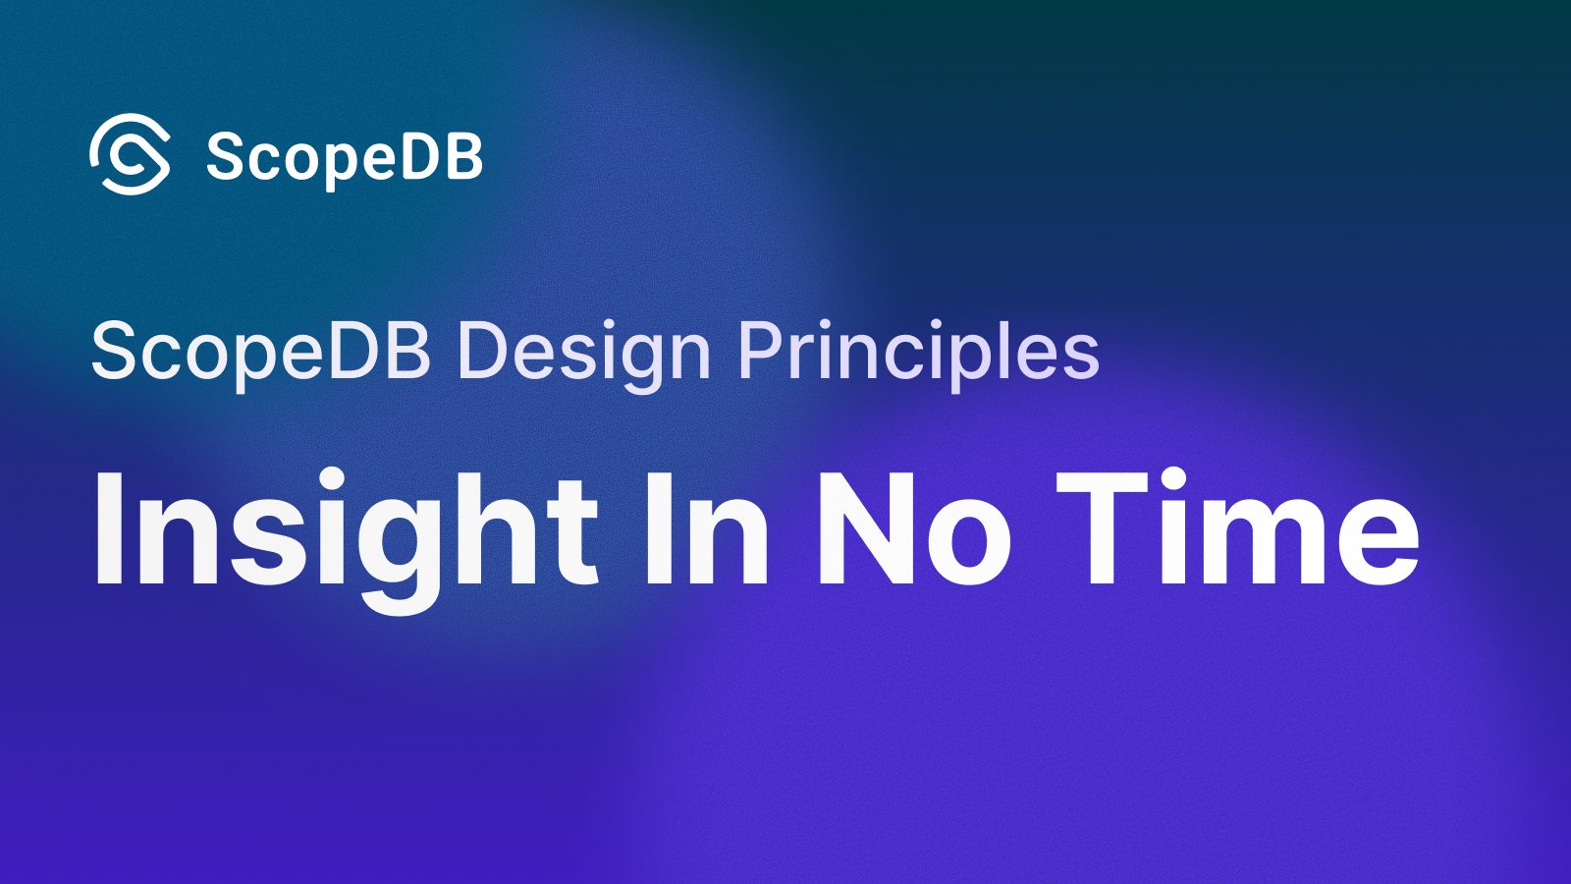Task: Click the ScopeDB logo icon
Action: (130, 154)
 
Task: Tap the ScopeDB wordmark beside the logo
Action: (344, 157)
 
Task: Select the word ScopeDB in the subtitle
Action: (260, 352)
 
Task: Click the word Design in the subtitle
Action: (583, 352)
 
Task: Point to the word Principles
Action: (918, 352)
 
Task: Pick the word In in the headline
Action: (707, 530)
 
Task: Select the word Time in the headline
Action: (1237, 530)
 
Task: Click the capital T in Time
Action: (1102, 530)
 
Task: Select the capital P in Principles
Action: (762, 352)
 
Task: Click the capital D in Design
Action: (483, 352)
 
